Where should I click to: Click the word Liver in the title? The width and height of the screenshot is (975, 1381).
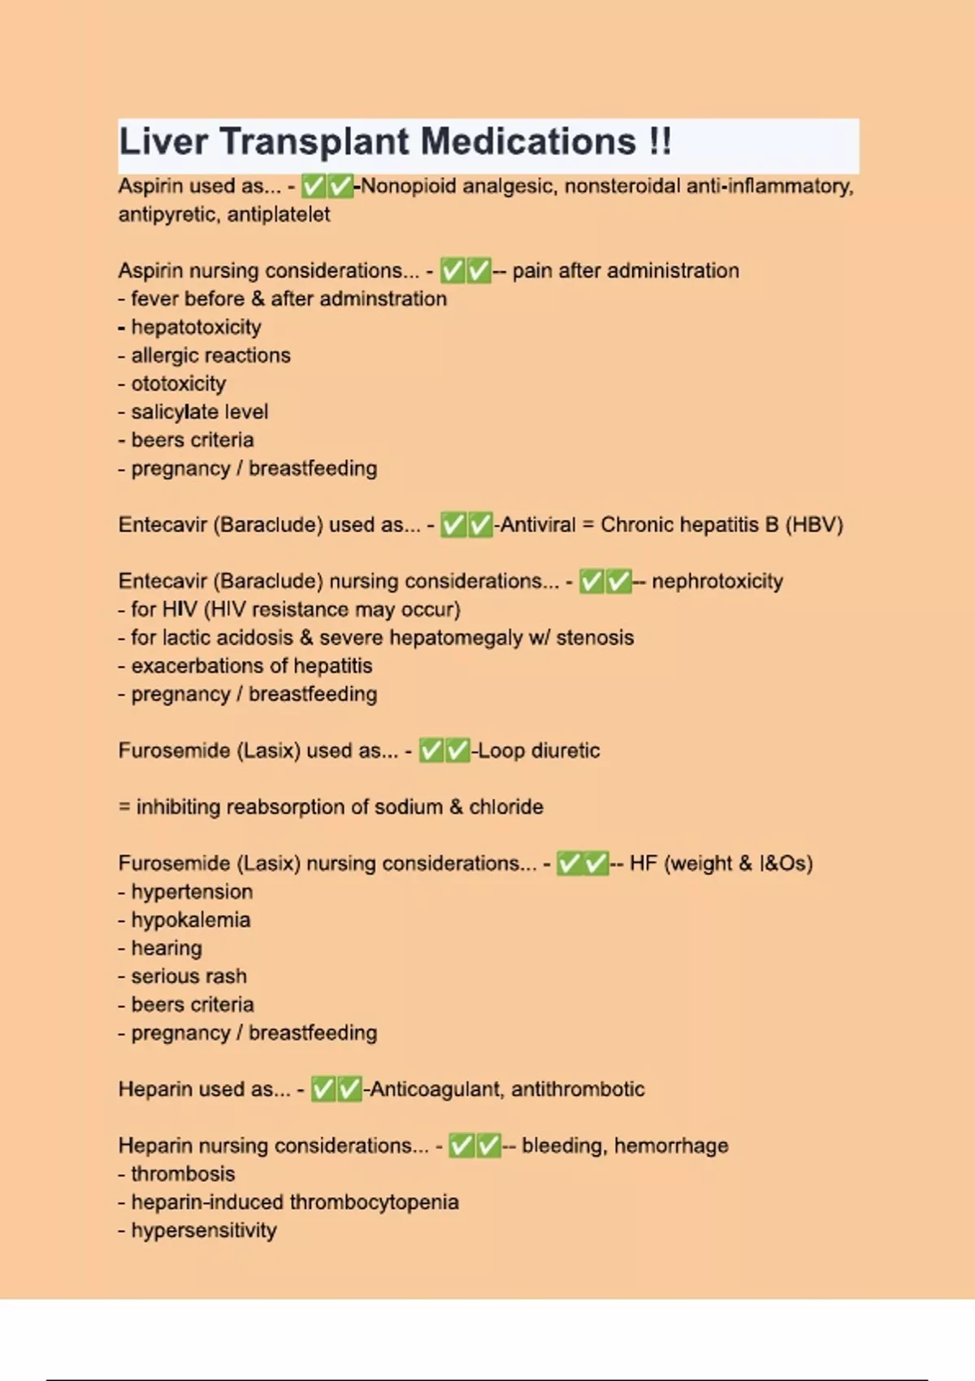point(163,142)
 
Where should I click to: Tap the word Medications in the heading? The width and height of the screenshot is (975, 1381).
point(528,142)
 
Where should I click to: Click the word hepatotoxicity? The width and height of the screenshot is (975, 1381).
point(196,327)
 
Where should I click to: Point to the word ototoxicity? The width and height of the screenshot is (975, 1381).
point(179,383)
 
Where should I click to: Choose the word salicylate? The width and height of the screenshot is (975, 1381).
point(173,412)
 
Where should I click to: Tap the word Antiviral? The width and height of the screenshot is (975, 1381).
point(538,525)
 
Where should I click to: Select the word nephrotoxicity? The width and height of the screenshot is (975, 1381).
point(717,582)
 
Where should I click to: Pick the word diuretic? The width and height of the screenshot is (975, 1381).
point(565,751)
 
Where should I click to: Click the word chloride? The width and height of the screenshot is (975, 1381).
point(506,807)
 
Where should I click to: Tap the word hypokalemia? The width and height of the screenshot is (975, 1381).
point(191,920)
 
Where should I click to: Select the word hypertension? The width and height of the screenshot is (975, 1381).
point(192,892)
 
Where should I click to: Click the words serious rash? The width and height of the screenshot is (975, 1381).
point(188,976)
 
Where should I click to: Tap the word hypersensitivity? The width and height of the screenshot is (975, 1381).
point(204,1231)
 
